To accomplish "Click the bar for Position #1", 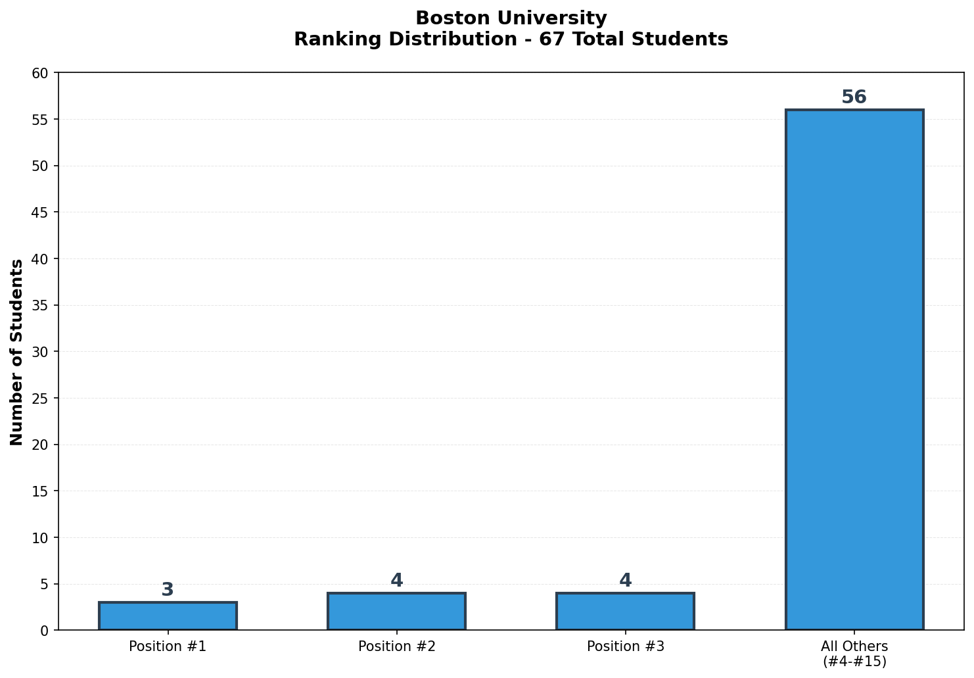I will point(168,616).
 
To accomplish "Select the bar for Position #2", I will point(396,612).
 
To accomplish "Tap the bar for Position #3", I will point(625,612).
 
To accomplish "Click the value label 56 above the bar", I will point(854,97).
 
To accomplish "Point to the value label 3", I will point(168,590).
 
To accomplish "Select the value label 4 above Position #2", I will point(396,581).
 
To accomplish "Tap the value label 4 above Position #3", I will point(625,581).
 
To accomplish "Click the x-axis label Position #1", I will point(168,646).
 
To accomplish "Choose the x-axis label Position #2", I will point(396,646).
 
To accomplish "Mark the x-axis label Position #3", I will point(625,646).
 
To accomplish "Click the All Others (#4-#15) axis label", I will point(854,654).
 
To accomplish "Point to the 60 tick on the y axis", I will point(41,73).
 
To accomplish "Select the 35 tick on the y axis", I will point(41,305).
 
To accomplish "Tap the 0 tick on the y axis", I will point(45,631).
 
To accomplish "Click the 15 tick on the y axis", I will point(41,491).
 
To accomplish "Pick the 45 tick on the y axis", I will point(41,212).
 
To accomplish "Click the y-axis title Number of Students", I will point(17,352).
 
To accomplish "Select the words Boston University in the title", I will point(511,18).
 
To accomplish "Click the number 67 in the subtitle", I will point(550,39).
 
